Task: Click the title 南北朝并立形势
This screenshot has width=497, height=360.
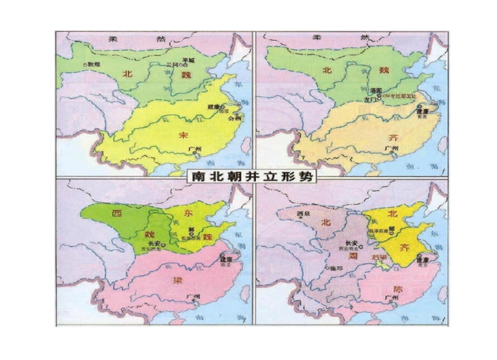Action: tap(249, 176)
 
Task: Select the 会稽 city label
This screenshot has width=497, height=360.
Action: tap(234, 117)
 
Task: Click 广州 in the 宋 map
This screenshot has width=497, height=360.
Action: tap(194, 148)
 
